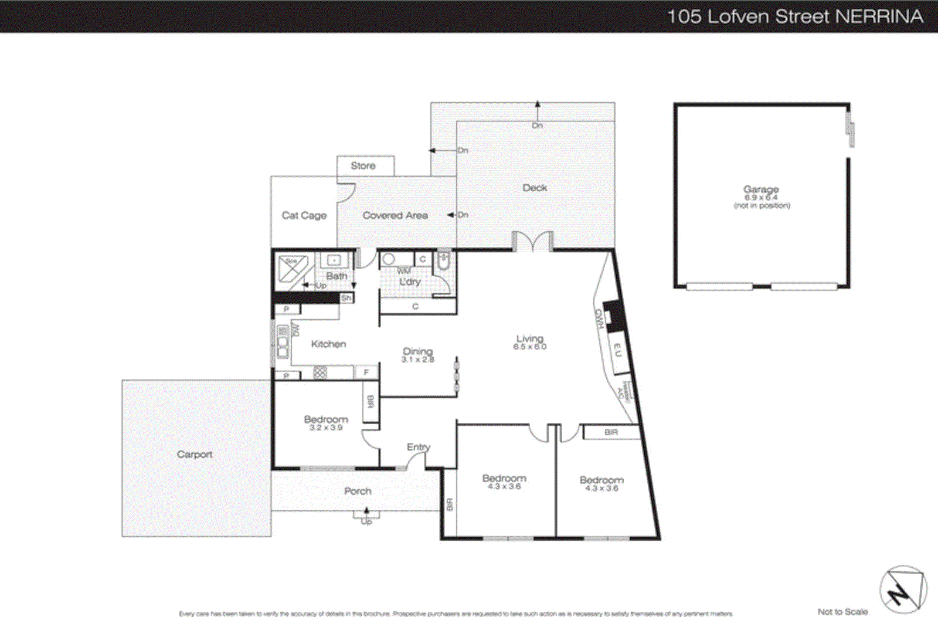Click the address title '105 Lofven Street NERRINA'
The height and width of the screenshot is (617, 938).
click(795, 16)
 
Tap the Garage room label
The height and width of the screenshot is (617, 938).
click(761, 190)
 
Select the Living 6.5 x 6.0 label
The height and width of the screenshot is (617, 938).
click(529, 342)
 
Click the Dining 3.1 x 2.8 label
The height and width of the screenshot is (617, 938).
click(417, 355)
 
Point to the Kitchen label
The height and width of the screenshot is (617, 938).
click(328, 344)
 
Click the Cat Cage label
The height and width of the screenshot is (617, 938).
click(304, 215)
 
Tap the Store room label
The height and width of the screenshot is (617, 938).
click(363, 166)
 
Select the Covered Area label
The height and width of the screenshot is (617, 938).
click(395, 215)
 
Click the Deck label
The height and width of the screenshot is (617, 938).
click(535, 188)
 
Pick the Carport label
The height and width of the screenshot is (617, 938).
click(195, 455)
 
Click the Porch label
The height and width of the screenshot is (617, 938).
click(358, 491)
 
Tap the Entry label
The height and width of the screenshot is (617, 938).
click(418, 447)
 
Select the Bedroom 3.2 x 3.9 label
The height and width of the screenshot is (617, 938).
click(326, 423)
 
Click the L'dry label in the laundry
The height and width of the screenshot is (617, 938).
click(410, 282)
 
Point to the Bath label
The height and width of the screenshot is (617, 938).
click(337, 276)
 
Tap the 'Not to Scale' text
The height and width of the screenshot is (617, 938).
click(842, 612)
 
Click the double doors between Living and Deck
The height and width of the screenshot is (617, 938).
click(533, 242)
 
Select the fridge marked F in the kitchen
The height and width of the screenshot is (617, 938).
click(366, 372)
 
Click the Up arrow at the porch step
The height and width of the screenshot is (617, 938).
click(366, 517)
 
